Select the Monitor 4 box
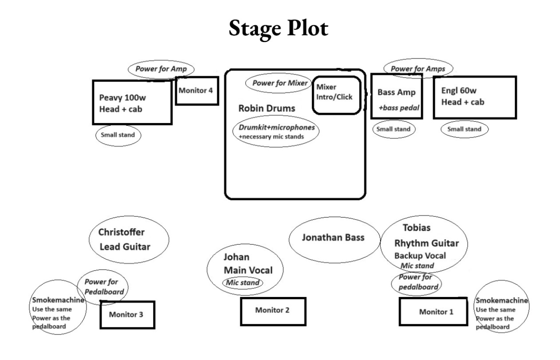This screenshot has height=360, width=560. pos(197,91)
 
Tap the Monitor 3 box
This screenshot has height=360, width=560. pos(127,314)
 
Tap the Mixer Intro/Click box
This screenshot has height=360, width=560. pos(336,95)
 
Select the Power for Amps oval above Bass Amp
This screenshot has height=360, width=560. pos(418,69)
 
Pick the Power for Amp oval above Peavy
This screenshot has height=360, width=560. pos(161,69)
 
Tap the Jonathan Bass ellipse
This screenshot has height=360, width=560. pos(333,238)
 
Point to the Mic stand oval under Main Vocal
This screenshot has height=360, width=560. pos(243,282)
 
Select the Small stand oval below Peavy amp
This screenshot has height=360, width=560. pos(118,135)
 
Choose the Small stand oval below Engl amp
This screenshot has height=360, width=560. pos(464,129)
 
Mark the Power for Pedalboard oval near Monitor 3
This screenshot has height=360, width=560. pos(101,287)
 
